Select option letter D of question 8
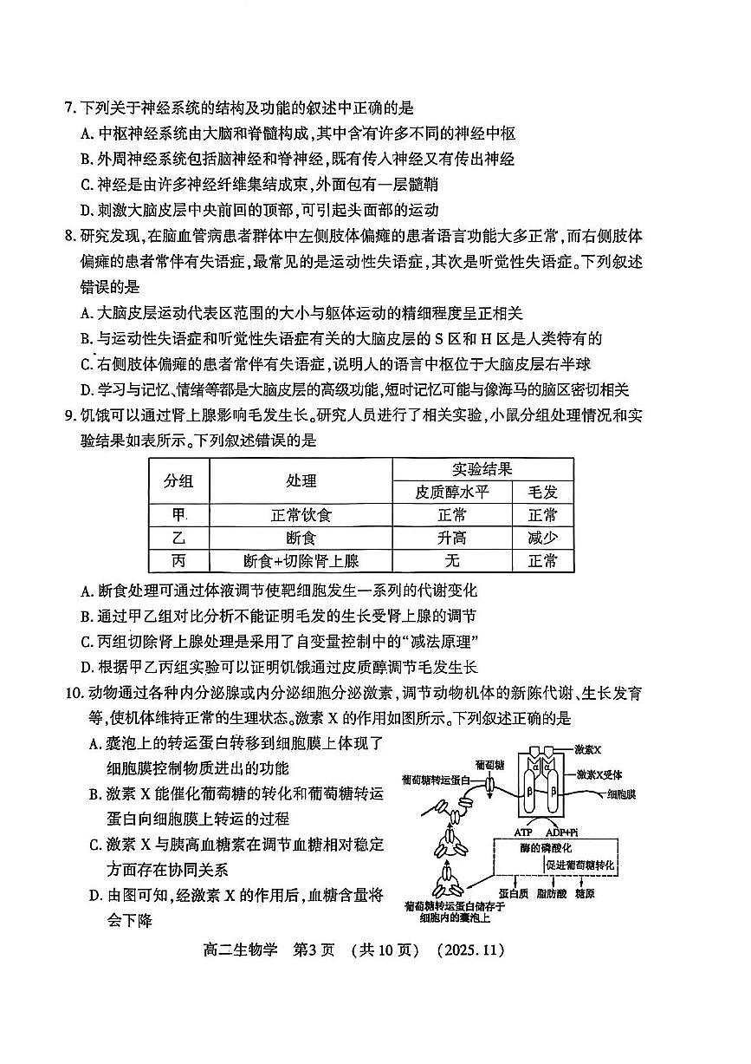(87, 390)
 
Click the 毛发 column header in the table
(542, 492)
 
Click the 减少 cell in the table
(542, 538)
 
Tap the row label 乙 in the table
(179, 538)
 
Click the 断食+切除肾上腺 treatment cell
(301, 561)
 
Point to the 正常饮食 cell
(301, 515)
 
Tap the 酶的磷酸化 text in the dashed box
(543, 847)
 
